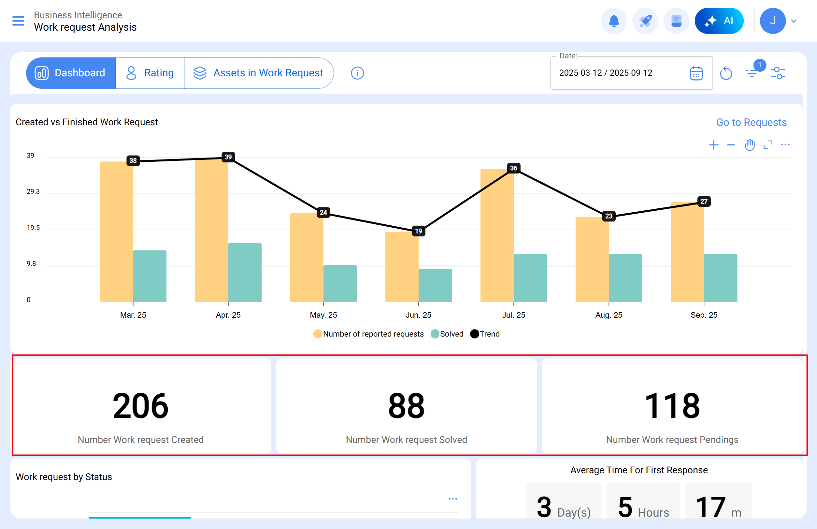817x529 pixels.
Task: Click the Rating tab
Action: (150, 73)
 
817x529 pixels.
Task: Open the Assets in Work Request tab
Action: (258, 73)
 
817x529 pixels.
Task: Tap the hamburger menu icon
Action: (18, 21)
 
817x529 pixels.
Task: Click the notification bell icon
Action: (613, 21)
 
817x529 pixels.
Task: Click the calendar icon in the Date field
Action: (696, 73)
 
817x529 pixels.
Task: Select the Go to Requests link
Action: (751, 122)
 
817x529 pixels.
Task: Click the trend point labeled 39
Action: (228, 157)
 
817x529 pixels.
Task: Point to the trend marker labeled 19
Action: (418, 231)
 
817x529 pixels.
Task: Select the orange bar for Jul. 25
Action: (496, 237)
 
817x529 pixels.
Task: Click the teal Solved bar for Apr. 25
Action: (245, 273)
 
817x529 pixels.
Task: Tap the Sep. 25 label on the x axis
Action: (704, 315)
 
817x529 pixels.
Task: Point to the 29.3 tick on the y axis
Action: (33, 192)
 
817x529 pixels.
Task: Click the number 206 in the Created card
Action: (140, 406)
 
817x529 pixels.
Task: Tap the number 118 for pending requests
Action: (672, 406)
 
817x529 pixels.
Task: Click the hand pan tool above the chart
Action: (749, 145)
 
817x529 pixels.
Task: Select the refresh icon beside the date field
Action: (726, 73)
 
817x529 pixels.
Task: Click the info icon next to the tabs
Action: (357, 73)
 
